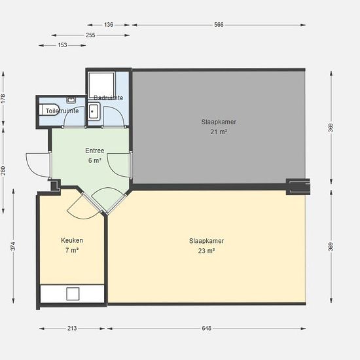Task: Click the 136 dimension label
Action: pyautogui.click(x=109, y=25)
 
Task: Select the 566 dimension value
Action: pyautogui.click(x=219, y=25)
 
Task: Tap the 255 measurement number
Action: pyautogui.click(x=90, y=35)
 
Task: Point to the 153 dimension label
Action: pyautogui.click(x=62, y=45)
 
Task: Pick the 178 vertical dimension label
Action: pyautogui.click(x=3, y=99)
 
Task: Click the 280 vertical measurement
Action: pyautogui.click(x=3, y=171)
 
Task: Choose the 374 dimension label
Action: pyautogui.click(x=13, y=246)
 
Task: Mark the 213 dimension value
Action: pyautogui.click(x=72, y=329)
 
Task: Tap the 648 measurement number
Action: pyautogui.click(x=206, y=329)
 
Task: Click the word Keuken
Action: pyautogui.click(x=72, y=240)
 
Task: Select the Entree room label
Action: pyautogui.click(x=95, y=151)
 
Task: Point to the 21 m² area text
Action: pyautogui.click(x=219, y=132)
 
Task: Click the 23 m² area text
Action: pyautogui.click(x=206, y=251)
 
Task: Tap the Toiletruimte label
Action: pyautogui.click(x=62, y=111)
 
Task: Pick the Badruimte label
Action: pyautogui.click(x=109, y=98)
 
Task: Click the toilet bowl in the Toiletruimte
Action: pyautogui.click(x=48, y=110)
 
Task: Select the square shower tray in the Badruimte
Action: pyautogui.click(x=101, y=84)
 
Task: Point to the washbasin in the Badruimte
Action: pyautogui.click(x=94, y=111)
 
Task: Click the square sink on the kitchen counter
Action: pyautogui.click(x=73, y=294)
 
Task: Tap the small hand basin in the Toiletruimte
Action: pyautogui.click(x=71, y=100)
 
